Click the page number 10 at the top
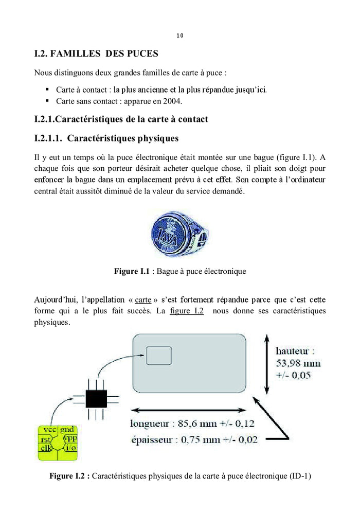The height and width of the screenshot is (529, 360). click(x=179, y=36)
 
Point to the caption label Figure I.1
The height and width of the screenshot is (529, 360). click(x=132, y=271)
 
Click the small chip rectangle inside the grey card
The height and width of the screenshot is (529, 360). click(x=159, y=356)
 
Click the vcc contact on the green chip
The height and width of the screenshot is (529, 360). click(x=49, y=430)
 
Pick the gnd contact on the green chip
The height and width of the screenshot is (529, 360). click(x=67, y=430)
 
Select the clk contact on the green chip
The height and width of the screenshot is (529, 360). click(x=45, y=447)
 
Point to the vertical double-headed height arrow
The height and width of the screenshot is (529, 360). click(x=266, y=364)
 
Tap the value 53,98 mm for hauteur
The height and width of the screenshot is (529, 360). click(x=298, y=363)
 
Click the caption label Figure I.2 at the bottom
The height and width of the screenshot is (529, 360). click(x=69, y=476)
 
